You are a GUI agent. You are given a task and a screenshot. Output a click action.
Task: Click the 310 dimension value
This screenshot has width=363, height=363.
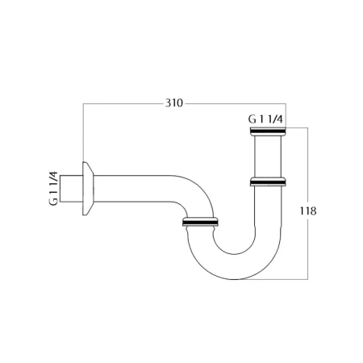pos(174,103)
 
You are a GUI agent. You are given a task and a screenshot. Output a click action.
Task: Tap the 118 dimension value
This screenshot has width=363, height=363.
pos(308,211)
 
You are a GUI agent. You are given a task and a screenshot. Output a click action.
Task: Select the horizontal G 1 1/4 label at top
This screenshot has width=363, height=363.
pos(265,119)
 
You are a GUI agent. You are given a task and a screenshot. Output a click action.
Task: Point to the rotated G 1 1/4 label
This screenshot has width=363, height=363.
pos(53,188)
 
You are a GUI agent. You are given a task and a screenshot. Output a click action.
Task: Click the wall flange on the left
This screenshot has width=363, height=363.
pos(88,189)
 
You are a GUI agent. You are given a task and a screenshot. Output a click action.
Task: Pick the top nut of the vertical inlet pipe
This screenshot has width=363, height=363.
pos(268,131)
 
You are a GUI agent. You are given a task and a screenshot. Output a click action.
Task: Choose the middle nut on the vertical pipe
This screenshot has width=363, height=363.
pos(268,181)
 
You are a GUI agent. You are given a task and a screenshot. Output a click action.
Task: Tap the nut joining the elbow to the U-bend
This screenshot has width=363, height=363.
pos(200,222)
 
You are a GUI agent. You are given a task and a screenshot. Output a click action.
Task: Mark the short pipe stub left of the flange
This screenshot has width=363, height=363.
pos(71,189)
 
